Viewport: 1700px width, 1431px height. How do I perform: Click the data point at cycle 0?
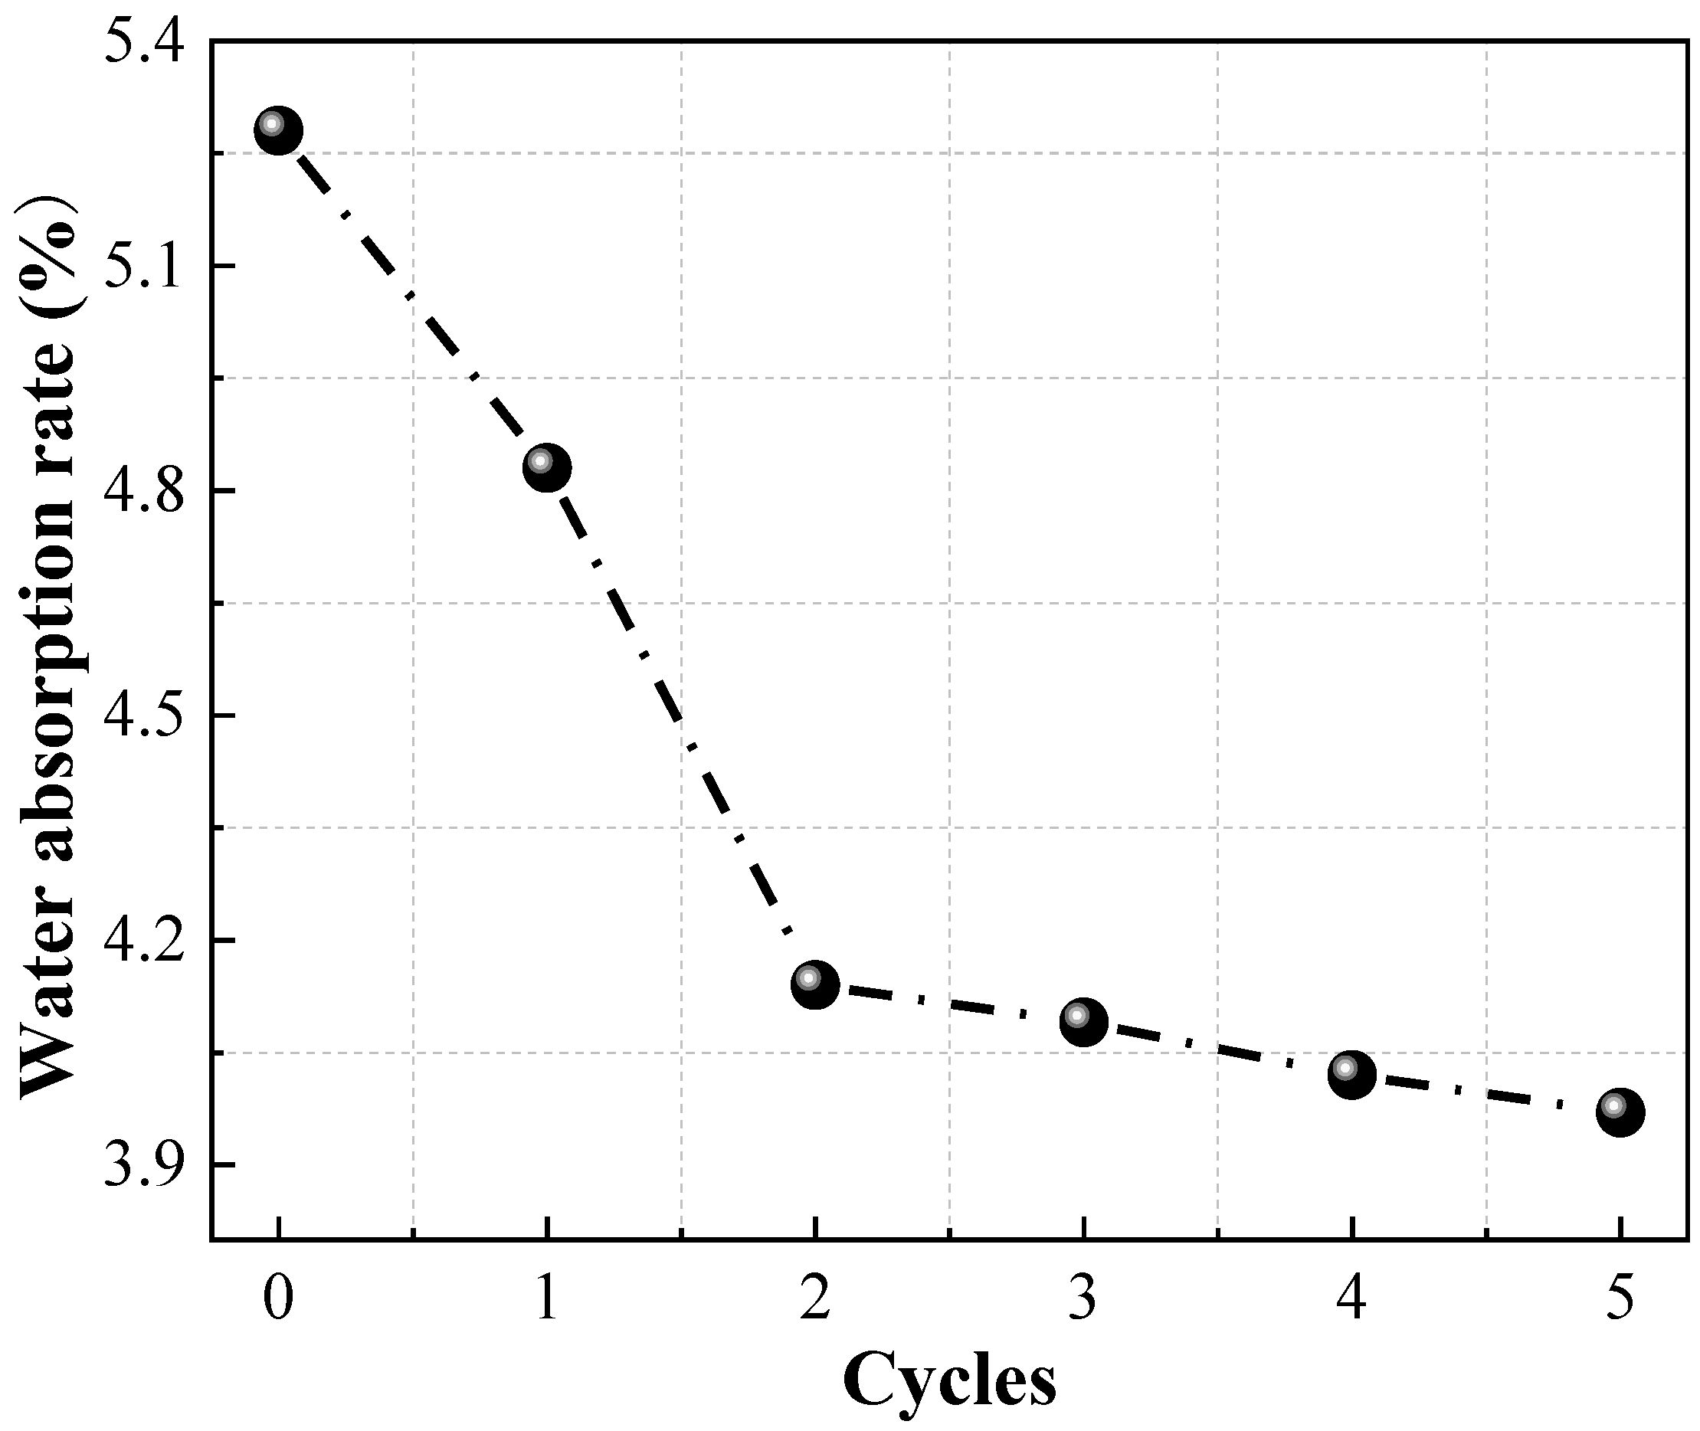[278, 129]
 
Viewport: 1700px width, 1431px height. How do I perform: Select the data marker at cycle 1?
[547, 467]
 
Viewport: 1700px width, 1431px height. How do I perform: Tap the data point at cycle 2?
[814, 985]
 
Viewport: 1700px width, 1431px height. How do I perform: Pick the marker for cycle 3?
[1083, 1022]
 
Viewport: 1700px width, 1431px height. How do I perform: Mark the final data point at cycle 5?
[1620, 1112]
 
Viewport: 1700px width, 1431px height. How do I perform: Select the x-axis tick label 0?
[278, 1297]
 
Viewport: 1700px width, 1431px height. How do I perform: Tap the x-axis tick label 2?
[814, 1297]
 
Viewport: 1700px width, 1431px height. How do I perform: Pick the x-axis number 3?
[1083, 1297]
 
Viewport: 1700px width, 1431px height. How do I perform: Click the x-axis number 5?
[1620, 1297]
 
